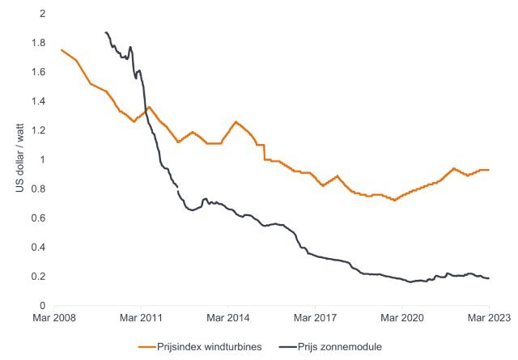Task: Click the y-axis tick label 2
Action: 43,14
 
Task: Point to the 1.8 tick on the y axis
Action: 39,43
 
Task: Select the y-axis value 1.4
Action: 39,101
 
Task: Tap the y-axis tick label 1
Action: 43,159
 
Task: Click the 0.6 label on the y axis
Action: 39,218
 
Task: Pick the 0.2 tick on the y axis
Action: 39,276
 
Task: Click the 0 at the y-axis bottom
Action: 43,305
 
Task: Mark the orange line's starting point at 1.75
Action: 62,50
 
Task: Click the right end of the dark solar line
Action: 489,278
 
